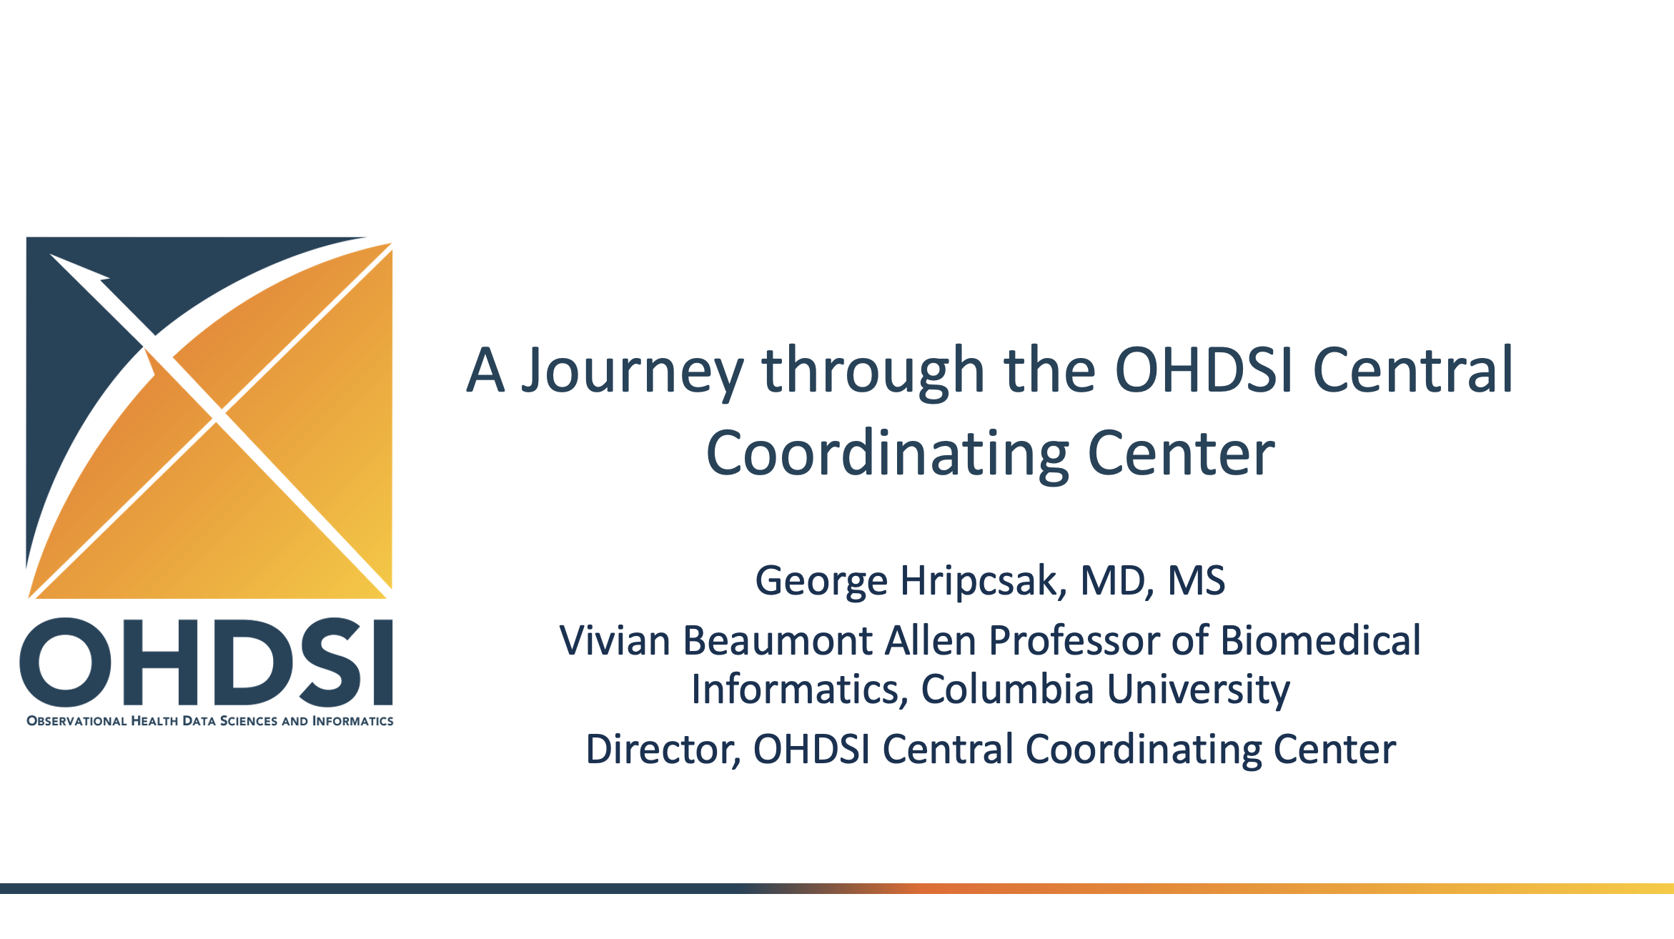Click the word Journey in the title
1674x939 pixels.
(x=632, y=372)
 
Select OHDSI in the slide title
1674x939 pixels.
(x=1204, y=370)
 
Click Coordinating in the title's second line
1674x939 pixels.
(x=887, y=454)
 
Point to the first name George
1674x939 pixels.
(x=821, y=581)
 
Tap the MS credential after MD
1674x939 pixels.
(x=1196, y=580)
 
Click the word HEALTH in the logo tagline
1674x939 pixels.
(x=154, y=721)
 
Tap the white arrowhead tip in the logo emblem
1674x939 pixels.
(x=50, y=254)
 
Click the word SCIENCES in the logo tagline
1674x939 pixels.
(x=248, y=721)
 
